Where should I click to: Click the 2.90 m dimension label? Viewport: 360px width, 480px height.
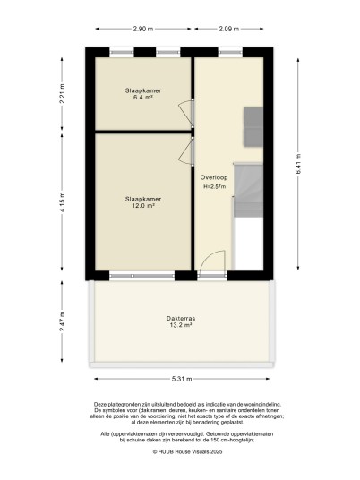tap(143, 29)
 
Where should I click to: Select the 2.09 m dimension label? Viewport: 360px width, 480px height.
tap(228, 29)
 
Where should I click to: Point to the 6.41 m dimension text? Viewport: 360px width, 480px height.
tap(298, 164)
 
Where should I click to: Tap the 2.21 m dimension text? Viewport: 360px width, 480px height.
tap(62, 94)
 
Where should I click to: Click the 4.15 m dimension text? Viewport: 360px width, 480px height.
tap(62, 202)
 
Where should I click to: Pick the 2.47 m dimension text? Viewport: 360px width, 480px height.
tap(62, 321)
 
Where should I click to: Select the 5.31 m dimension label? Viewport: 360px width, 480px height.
tap(182, 379)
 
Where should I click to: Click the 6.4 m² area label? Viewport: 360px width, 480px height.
tap(143, 98)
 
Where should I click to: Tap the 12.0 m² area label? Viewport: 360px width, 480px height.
tap(143, 206)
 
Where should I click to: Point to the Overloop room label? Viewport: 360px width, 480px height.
tap(214, 177)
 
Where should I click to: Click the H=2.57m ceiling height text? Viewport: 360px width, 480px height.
tap(215, 186)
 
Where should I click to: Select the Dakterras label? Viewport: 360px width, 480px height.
tap(181, 319)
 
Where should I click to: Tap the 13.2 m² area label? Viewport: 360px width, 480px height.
tap(181, 325)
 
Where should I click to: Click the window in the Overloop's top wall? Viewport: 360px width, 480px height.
tap(230, 52)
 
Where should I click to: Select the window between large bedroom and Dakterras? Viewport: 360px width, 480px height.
tap(141, 276)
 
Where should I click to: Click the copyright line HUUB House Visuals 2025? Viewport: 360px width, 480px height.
tap(187, 451)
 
